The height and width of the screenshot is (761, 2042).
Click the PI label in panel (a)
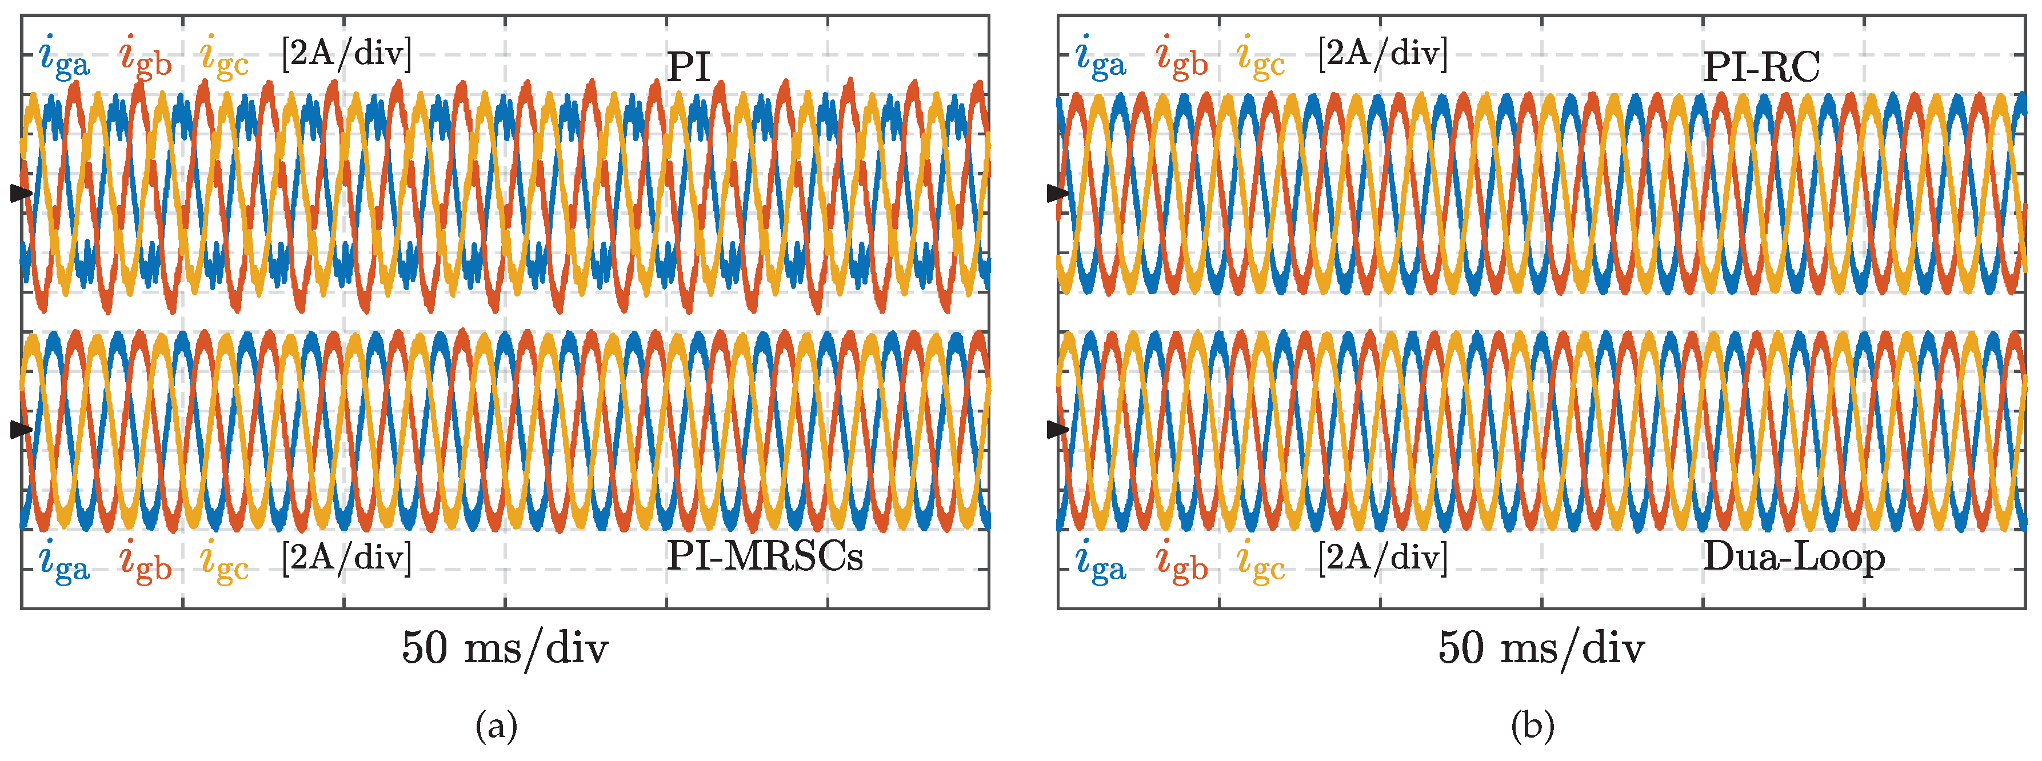pos(688,67)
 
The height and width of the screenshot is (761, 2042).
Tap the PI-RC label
pos(1761,67)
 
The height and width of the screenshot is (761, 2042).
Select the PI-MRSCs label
pos(764,556)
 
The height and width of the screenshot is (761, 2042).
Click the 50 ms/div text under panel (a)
pos(505,648)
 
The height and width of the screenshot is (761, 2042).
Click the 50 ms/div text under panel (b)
pos(1541,648)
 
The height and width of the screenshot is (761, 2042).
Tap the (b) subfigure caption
pos(1532,726)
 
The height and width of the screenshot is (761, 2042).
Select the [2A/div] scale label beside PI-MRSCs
pos(346,556)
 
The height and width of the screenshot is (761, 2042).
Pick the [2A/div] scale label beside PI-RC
pos(1382,53)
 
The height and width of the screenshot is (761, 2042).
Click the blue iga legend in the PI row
pos(64,57)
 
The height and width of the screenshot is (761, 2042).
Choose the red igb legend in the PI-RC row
pos(1181,57)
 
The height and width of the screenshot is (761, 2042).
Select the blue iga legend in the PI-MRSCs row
pos(64,561)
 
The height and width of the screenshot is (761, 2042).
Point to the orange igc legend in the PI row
pos(225,57)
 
